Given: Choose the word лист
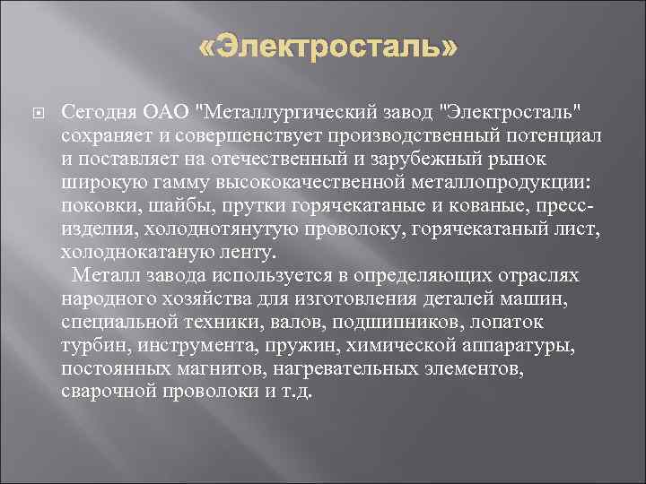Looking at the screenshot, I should tap(572, 229).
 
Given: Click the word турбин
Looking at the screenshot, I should tap(91, 345).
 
